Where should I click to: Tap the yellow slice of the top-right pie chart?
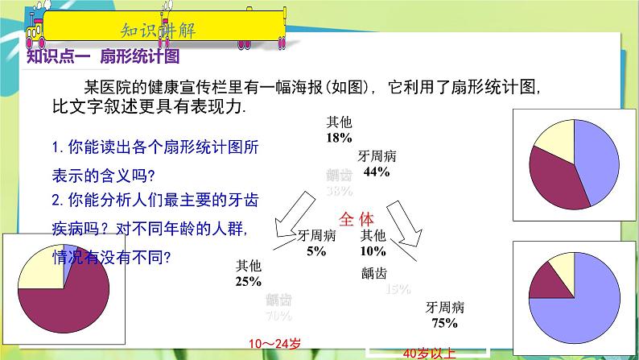click(554, 141)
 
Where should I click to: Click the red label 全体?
click(357, 218)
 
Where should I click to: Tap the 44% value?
click(377, 172)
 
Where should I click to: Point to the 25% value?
click(248, 281)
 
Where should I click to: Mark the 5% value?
click(316, 251)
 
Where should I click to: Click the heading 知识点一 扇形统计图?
click(102, 57)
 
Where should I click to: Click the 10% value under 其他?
click(373, 250)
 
